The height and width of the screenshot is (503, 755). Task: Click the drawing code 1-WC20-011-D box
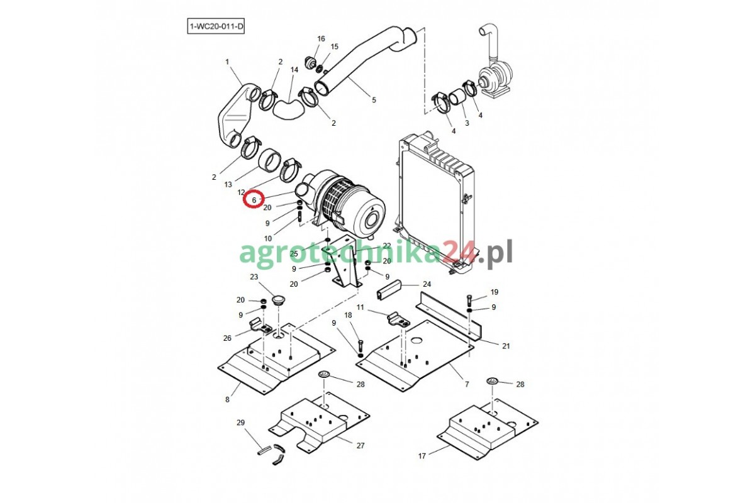point(216,27)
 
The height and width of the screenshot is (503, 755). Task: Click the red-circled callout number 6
point(254,200)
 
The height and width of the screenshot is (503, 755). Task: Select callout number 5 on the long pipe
point(374,100)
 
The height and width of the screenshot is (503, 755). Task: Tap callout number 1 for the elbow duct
point(227,62)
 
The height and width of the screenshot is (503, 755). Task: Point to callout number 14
point(294,70)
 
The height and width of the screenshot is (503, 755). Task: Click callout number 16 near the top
point(321,39)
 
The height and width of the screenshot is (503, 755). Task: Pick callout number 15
point(334,47)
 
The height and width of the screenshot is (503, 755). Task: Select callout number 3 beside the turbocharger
point(466,123)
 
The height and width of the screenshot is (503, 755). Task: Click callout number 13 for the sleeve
point(228,185)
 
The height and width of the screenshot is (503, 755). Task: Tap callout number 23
point(254,277)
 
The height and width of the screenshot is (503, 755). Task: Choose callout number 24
point(427,284)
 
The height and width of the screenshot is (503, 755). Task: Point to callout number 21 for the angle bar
point(506,346)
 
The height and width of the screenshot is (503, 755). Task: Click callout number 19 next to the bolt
point(494,292)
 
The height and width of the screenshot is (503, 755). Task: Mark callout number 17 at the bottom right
point(422,456)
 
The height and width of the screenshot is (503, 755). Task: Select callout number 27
point(361,446)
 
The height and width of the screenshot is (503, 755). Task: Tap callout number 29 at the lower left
point(240,423)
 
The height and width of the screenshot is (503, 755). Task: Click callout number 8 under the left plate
point(228,400)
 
